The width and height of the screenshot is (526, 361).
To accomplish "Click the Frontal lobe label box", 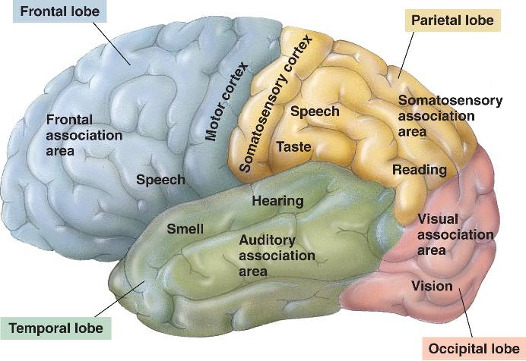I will click(x=53, y=12).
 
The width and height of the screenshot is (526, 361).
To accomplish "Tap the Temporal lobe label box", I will click(x=56, y=328).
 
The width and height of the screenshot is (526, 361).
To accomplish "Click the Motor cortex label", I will click(x=226, y=102).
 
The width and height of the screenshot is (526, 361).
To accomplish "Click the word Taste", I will click(x=293, y=146).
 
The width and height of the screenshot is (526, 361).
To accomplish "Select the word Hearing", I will click(x=277, y=201).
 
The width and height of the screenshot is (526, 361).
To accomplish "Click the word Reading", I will click(x=419, y=170).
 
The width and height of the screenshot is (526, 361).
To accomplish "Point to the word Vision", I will click(x=431, y=286).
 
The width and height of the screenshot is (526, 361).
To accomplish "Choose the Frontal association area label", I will click(x=84, y=135).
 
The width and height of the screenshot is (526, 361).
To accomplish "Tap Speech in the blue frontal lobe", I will click(x=160, y=180).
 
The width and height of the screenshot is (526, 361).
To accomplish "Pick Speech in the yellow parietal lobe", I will click(x=315, y=111).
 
